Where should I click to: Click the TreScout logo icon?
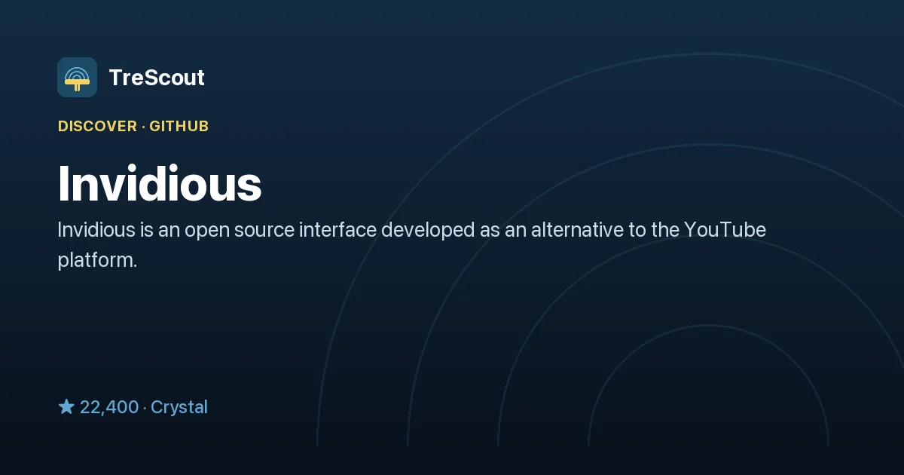(77, 77)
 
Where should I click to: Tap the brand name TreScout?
(157, 78)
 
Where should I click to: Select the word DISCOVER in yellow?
(98, 127)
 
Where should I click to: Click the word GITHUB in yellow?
(179, 127)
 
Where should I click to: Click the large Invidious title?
(160, 184)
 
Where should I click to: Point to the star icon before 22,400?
(66, 406)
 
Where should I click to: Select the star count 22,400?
(109, 407)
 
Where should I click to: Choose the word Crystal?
(179, 407)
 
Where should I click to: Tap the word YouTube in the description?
(725, 230)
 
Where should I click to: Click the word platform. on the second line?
(98, 261)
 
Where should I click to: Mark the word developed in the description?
(428, 231)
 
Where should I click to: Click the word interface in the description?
(337, 230)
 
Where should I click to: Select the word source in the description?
(264, 231)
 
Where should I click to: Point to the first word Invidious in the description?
(96, 230)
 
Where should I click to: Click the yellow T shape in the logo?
(77, 84)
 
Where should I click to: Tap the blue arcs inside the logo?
(77, 74)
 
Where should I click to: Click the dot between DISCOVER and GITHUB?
(143, 127)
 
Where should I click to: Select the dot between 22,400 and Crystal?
(145, 408)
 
